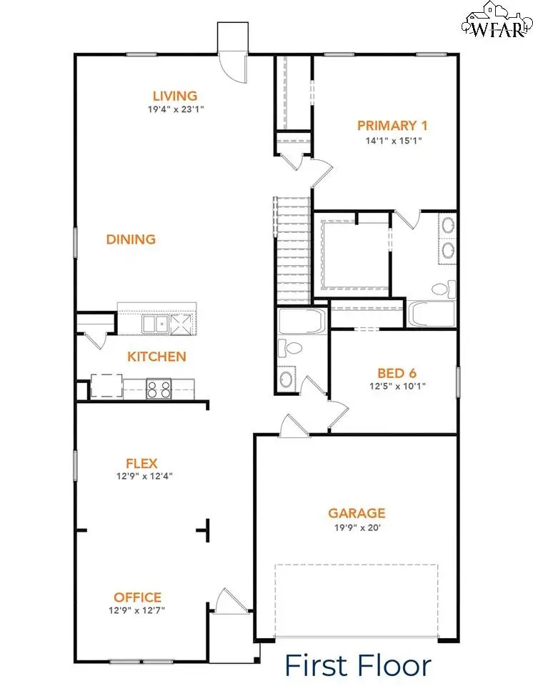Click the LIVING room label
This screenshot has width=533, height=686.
click(174, 96)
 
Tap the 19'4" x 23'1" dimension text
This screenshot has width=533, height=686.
click(174, 110)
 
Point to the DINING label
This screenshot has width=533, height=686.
click(131, 239)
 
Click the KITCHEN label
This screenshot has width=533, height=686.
click(156, 357)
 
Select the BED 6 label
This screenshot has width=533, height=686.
click(397, 373)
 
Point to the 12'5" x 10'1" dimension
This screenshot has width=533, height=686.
click(397, 387)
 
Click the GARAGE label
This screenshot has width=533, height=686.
click(357, 513)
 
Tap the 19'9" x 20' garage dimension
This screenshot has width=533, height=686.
click(357, 527)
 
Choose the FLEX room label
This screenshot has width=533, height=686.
click(141, 463)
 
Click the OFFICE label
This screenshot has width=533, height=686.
click(137, 597)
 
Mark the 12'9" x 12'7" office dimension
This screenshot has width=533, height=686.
click(137, 610)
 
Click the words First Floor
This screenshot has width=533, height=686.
click(358, 665)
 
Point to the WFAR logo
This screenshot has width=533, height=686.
click(495, 21)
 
